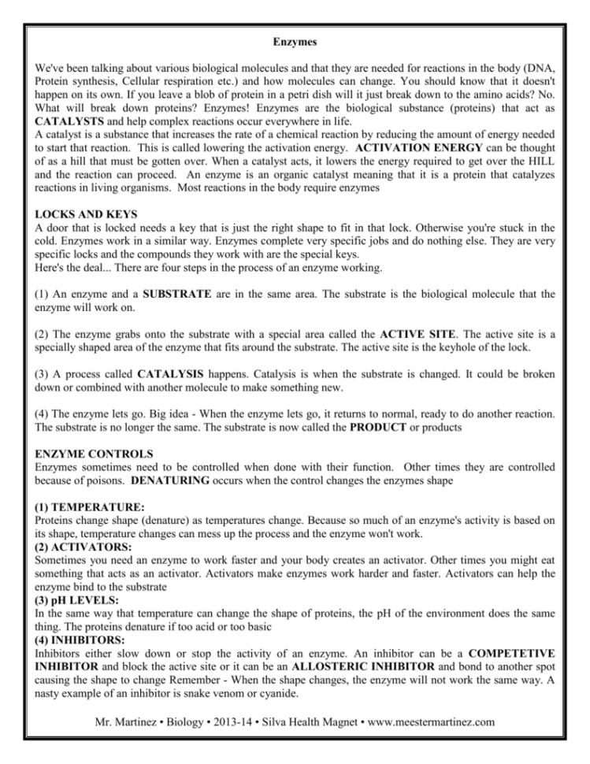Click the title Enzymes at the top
295,37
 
